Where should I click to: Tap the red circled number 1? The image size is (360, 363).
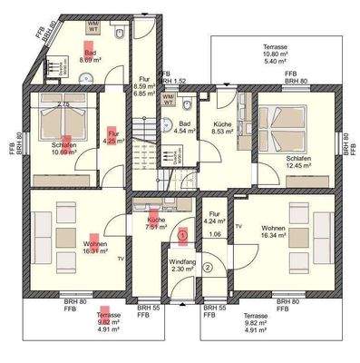point(182,234)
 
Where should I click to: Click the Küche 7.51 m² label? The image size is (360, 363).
point(148,225)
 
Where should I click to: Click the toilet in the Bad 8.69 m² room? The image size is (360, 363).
point(121,34)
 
